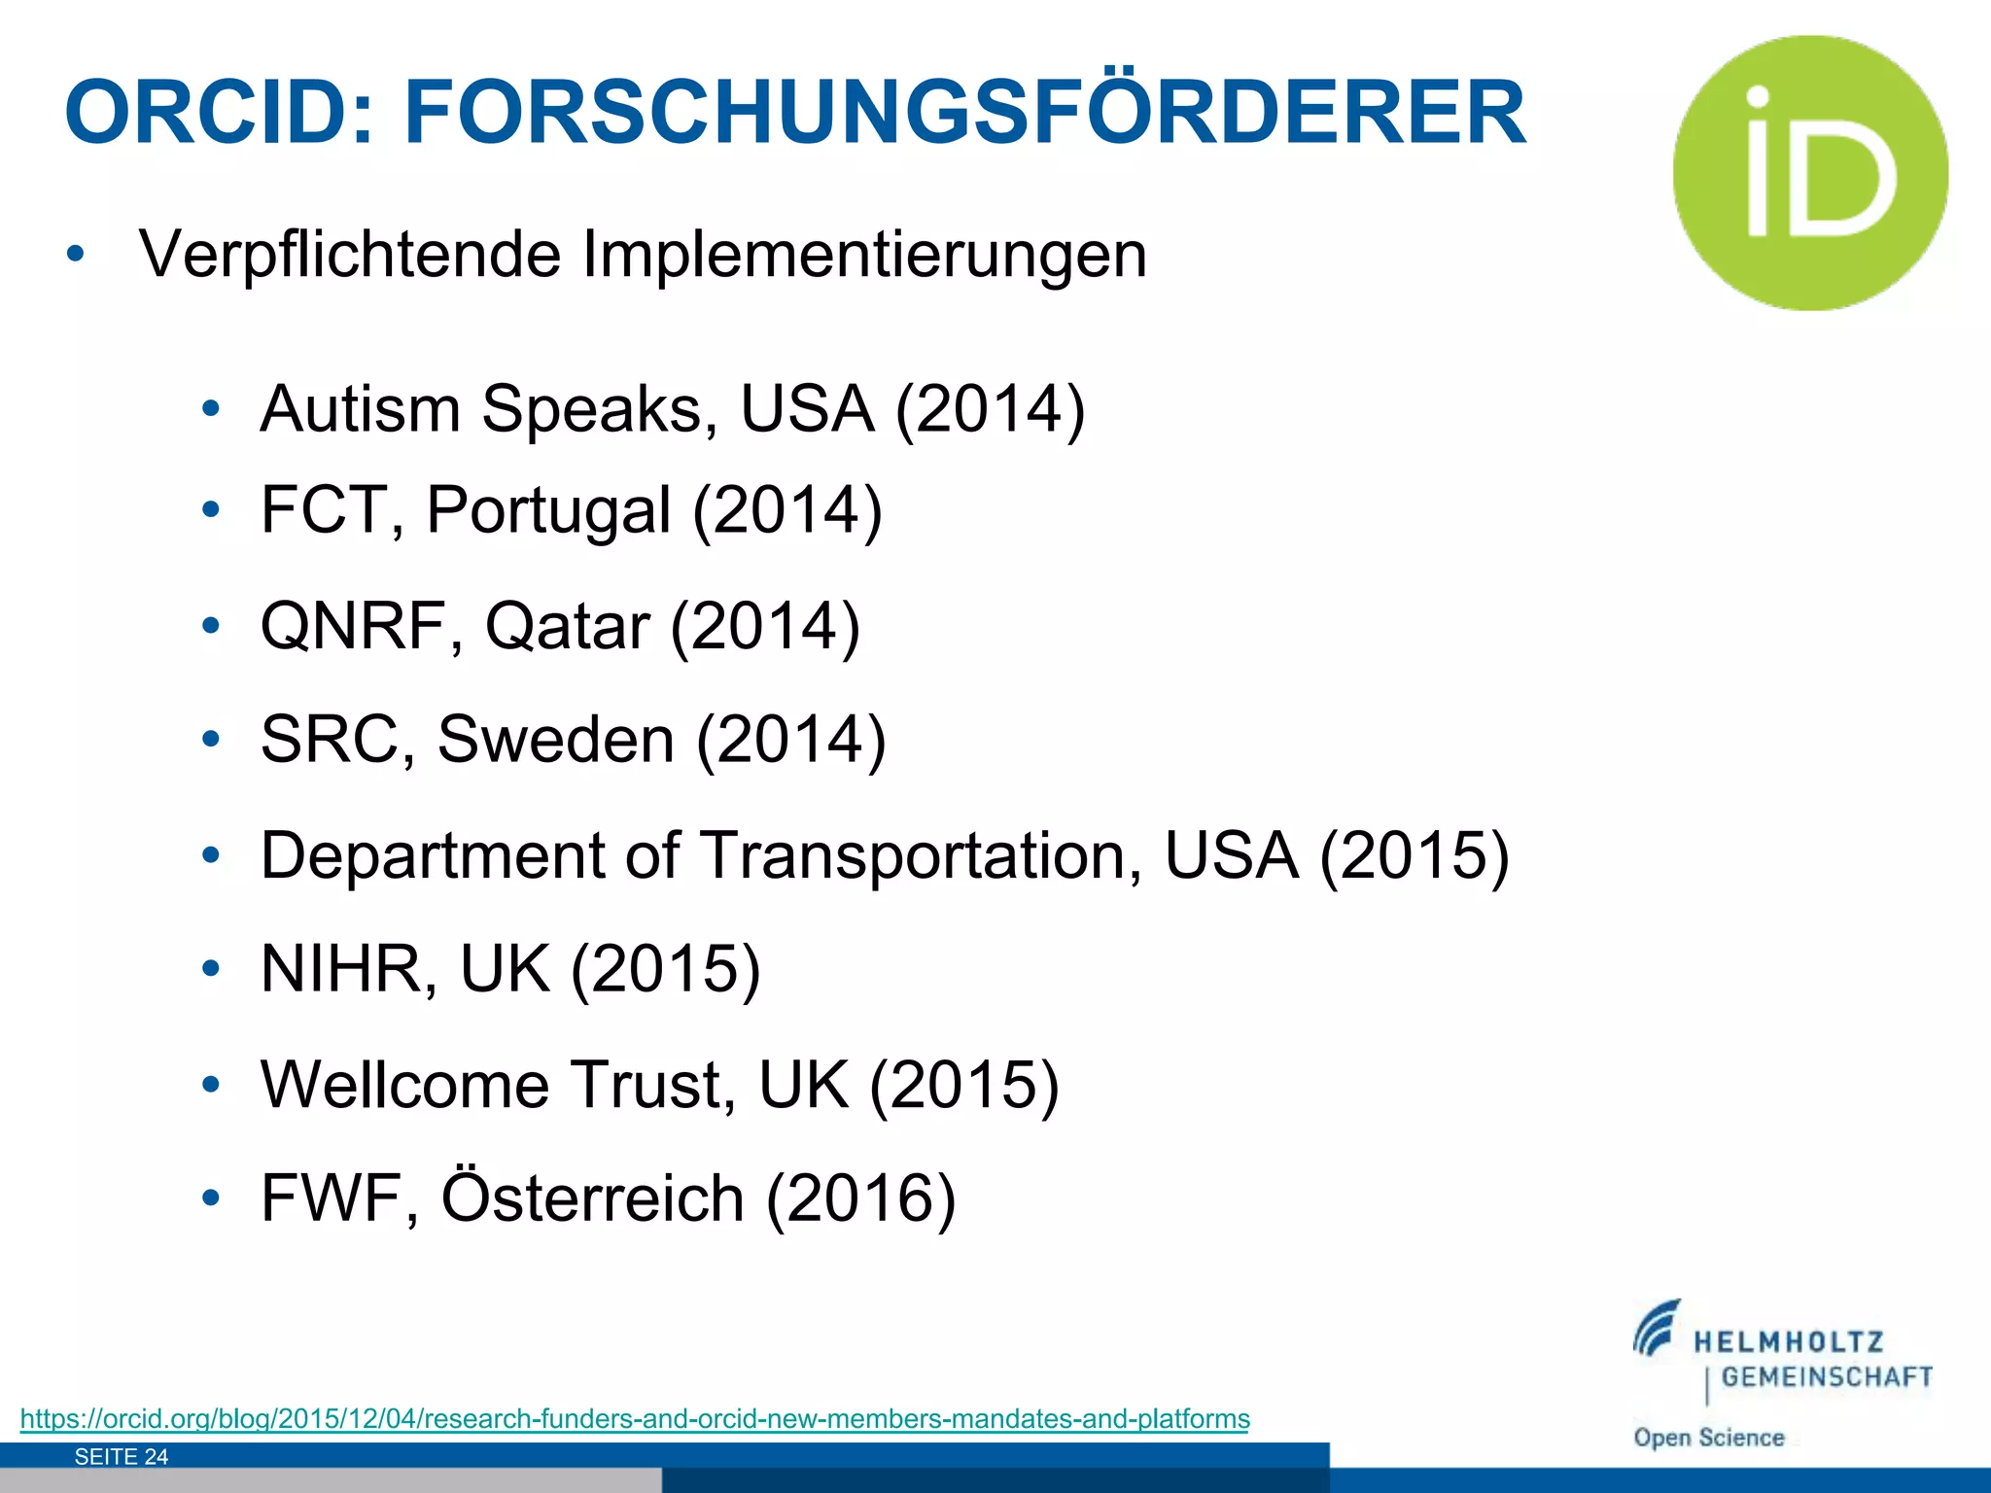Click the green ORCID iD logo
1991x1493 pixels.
click(x=1810, y=173)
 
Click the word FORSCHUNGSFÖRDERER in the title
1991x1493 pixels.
click(x=964, y=113)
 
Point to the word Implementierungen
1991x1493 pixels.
click(x=864, y=255)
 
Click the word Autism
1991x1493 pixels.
click(x=360, y=408)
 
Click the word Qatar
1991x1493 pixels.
click(x=567, y=626)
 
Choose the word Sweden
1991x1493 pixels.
click(x=555, y=740)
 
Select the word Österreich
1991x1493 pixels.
click(x=593, y=1198)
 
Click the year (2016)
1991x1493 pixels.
click(x=861, y=1198)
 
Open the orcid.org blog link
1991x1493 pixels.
click(x=635, y=1419)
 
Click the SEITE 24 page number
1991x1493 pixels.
click(x=122, y=1456)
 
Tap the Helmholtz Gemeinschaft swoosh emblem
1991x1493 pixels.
click(x=1657, y=1328)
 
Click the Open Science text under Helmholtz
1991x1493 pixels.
click(x=1709, y=1438)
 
